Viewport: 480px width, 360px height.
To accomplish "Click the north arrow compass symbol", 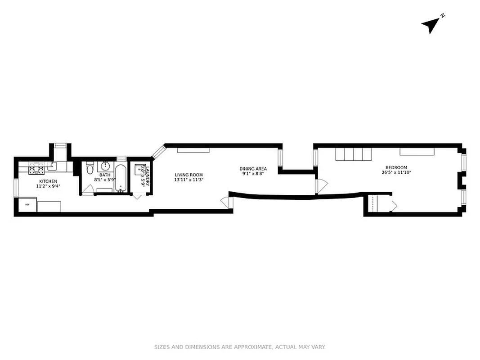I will (431, 25).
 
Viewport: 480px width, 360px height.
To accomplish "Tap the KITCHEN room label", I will (47, 181).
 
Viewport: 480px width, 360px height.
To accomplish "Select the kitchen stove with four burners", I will (36, 169).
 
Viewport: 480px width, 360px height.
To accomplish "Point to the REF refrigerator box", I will (27, 205).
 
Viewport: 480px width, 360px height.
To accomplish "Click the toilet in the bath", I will (90, 169).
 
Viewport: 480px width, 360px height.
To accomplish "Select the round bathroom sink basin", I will (106, 166).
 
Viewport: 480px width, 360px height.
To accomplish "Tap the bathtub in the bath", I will (121, 178).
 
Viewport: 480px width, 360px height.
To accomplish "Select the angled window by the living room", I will (158, 151).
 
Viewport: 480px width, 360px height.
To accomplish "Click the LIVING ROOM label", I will (189, 175).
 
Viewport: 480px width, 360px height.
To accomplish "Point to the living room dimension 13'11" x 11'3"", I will (189, 180).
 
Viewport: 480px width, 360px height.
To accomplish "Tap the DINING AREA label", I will (253, 169).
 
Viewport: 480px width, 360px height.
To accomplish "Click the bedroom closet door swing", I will (394, 206).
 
